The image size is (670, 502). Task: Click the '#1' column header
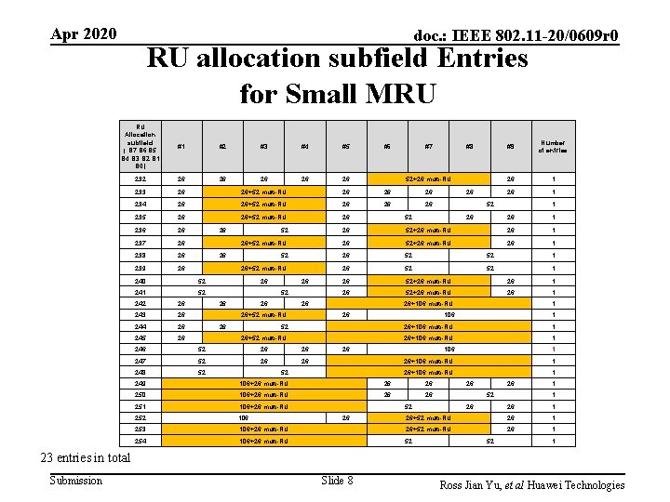click(x=181, y=146)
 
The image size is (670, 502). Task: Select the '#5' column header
click(x=344, y=146)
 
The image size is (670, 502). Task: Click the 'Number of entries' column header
click(x=555, y=146)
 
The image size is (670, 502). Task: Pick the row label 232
click(x=140, y=178)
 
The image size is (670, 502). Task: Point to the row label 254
click(x=140, y=441)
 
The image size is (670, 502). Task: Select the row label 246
click(x=140, y=350)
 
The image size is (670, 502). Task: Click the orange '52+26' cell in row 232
click(x=428, y=178)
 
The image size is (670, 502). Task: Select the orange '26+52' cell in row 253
click(x=428, y=429)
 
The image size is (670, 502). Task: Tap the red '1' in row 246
click(x=555, y=350)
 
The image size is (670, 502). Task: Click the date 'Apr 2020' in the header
click(x=84, y=34)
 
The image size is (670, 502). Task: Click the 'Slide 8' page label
click(x=337, y=481)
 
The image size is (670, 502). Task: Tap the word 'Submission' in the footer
click(x=76, y=481)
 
